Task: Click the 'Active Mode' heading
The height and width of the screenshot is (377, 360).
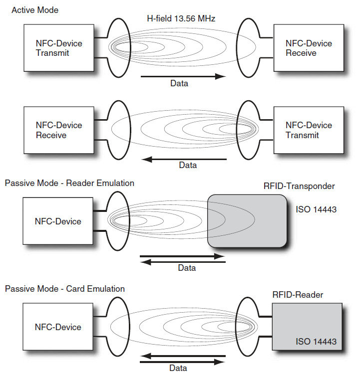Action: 35,9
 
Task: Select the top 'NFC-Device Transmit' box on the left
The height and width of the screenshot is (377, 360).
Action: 59,48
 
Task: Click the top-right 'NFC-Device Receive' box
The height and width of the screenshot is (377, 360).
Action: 309,48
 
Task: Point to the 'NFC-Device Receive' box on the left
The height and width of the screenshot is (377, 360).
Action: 59,130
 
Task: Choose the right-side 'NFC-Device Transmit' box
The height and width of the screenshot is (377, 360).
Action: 309,130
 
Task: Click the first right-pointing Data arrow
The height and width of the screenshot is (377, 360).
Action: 182,76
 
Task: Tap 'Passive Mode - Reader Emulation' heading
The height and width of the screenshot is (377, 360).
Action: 69,183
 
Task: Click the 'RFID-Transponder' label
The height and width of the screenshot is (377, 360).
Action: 299,187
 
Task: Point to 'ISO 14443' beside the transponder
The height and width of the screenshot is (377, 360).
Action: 316,209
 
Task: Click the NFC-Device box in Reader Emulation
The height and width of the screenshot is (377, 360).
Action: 59,221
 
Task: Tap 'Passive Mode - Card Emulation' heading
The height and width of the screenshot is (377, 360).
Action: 65,289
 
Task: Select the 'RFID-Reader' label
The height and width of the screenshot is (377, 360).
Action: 298,295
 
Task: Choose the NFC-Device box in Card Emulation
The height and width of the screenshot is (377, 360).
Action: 59,327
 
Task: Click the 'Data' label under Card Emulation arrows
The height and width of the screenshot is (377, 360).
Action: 178,368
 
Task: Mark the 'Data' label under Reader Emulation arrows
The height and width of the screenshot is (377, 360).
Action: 187,268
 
